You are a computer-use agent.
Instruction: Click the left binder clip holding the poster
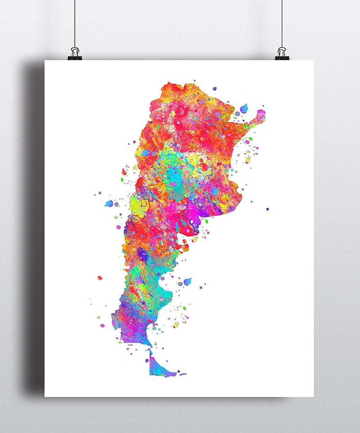pos(75,54)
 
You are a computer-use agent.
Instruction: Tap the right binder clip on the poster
pos(282,54)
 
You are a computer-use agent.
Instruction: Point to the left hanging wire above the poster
pos(75,22)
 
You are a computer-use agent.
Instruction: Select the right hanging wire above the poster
pos(282,22)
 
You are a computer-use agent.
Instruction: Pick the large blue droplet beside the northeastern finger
pos(244,108)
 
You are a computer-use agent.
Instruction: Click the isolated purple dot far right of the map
pos(267,209)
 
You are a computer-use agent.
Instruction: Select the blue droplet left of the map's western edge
pos(109,203)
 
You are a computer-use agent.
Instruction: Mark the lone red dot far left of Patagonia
pos(99,278)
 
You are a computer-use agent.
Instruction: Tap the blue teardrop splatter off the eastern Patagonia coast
pos(187,281)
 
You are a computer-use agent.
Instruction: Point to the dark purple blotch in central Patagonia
pos(143,255)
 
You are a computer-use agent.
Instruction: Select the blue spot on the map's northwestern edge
pos(146,153)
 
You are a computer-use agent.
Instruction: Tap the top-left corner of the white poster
pos(45,61)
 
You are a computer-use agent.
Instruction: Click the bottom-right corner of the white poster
pos(314,397)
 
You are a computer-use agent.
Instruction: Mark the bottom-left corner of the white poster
pos(45,397)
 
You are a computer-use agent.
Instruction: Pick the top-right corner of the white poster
pos(314,61)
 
